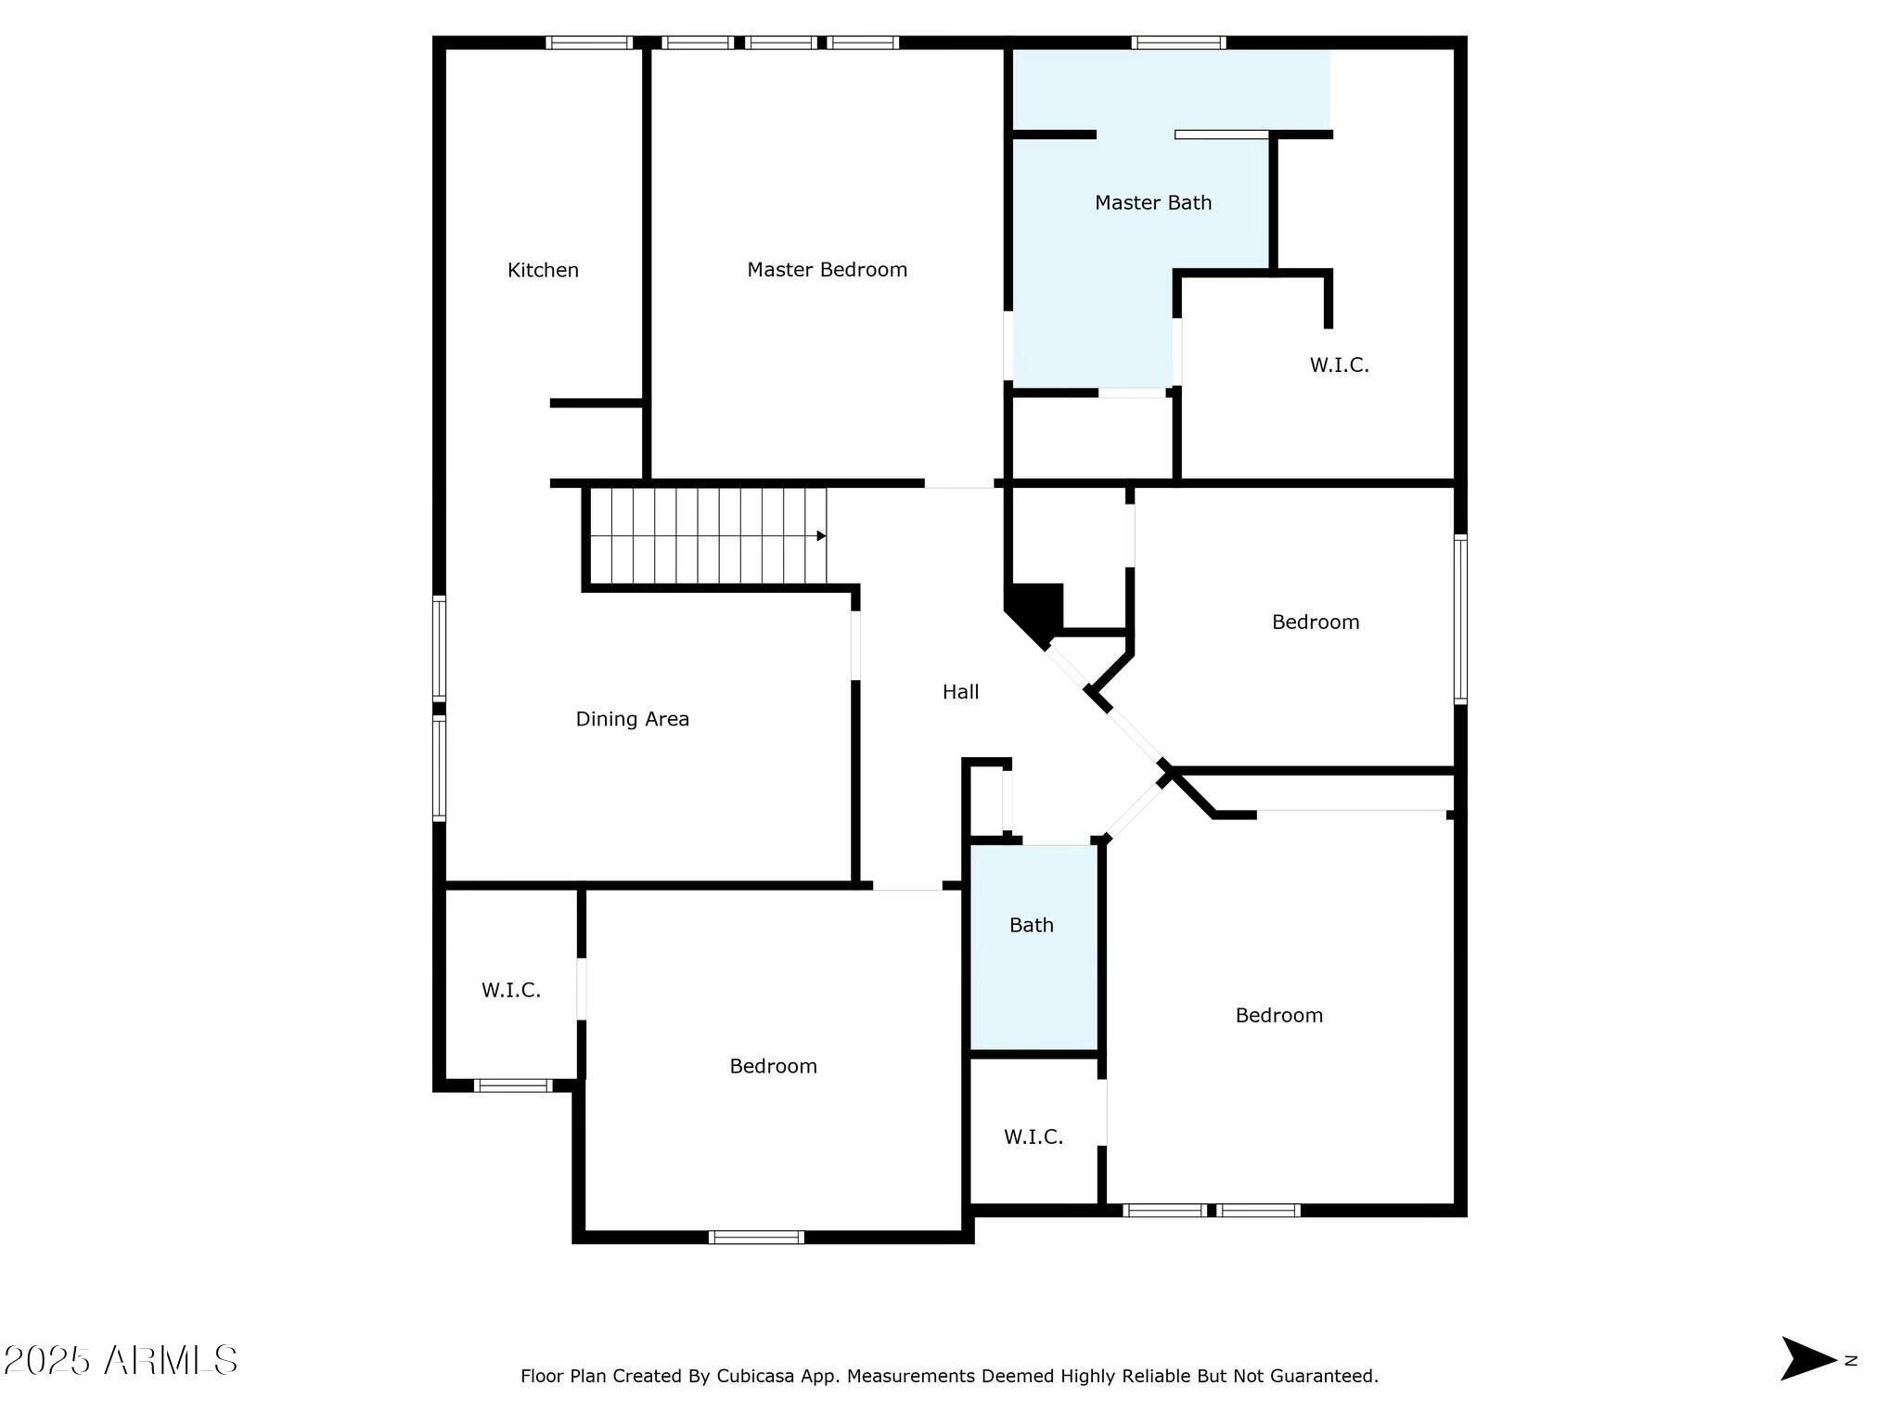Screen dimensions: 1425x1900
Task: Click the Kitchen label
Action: [x=543, y=270]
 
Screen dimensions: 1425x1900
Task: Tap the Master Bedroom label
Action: [x=827, y=270]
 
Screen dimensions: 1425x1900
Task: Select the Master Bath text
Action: [x=1152, y=202]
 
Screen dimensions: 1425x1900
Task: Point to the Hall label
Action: [x=960, y=691]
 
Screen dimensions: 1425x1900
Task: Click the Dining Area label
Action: [x=632, y=719]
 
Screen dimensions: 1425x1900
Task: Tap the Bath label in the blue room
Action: [x=1031, y=925]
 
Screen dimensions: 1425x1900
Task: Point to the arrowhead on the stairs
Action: [x=821, y=536]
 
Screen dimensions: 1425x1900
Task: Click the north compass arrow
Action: [x=1807, y=1359]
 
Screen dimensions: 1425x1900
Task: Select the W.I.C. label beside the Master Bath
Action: [x=1339, y=365]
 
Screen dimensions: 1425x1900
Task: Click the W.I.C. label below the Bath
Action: [x=1033, y=1136]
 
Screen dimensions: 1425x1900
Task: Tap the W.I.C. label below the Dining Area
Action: [x=510, y=990]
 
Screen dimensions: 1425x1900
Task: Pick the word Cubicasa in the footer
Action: [x=753, y=1376]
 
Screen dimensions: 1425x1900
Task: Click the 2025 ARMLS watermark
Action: [x=121, y=1361]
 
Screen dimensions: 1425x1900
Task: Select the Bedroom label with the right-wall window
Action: [x=1315, y=622]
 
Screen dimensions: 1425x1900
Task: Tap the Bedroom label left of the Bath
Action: [x=773, y=1066]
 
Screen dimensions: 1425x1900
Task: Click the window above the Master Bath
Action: [x=1178, y=43]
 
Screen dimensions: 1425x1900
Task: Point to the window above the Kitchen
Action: [x=588, y=43]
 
